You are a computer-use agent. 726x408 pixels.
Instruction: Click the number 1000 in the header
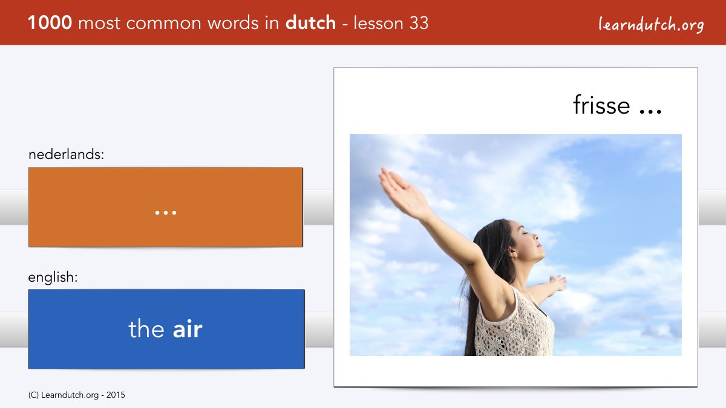[50, 23]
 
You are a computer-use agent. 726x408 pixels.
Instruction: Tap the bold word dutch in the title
[310, 23]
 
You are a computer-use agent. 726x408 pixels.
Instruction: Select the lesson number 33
[419, 23]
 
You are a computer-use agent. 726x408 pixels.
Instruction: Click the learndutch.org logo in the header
[651, 25]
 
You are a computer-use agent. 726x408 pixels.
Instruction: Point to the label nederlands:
[67, 154]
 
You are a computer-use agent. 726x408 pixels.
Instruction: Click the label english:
[53, 277]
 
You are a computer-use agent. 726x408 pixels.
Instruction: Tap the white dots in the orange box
[166, 213]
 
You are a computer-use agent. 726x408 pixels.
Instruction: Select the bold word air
[188, 329]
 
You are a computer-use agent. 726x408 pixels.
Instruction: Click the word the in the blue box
[146, 328]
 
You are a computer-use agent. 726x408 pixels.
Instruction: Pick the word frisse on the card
[601, 105]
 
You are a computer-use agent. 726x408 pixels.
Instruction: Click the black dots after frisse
[650, 112]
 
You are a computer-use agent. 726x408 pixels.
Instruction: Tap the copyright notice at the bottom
[76, 395]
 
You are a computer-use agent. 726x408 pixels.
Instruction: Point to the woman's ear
[512, 251]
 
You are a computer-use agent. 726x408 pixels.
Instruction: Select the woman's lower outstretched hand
[558, 283]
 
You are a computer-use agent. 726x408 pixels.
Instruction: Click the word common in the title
[164, 24]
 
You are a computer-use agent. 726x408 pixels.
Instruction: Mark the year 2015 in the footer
[116, 395]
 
